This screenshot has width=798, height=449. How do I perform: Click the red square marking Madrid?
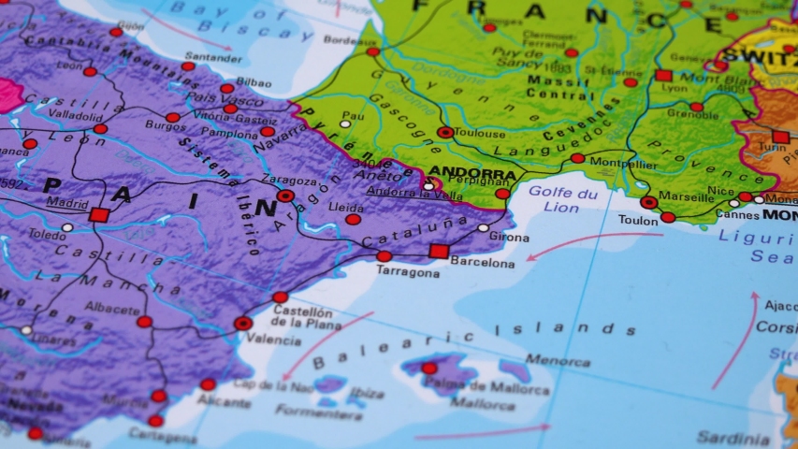coord(99,214)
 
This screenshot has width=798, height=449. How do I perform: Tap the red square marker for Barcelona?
coord(438,251)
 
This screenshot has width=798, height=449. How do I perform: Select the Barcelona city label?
coord(483,264)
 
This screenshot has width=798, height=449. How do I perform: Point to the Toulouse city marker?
coord(445,133)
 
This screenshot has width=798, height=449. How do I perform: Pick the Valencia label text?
coord(273,340)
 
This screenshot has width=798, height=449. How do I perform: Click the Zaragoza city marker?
coord(285,196)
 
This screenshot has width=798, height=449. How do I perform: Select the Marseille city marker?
coord(648,202)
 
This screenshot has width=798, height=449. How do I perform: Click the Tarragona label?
coord(408,273)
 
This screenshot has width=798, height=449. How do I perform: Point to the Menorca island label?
coord(558,359)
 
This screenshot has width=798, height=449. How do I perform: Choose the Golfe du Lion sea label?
coord(561,200)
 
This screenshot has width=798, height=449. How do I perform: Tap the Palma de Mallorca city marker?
coord(429,368)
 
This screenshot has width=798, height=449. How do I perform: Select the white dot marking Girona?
coord(483,227)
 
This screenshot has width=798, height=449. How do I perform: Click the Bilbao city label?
coord(254,83)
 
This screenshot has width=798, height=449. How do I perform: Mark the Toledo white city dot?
coord(67,227)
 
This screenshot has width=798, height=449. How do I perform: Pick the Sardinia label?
coord(733,438)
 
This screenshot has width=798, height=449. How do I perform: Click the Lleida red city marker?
coord(353,220)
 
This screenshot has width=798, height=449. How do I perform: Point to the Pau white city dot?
coord(345,123)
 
